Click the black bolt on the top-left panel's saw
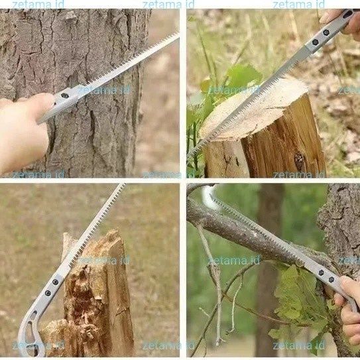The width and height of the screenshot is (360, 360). click(65, 95)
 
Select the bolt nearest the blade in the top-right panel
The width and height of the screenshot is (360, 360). click(315, 42)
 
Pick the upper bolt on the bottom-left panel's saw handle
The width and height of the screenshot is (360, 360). click(55, 282)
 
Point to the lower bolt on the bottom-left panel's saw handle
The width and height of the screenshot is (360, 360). click(48, 293)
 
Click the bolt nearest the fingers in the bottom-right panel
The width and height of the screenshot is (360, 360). click(331, 280)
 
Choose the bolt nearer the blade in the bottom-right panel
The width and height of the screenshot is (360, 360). click(321, 272)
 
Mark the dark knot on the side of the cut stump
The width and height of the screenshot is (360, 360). click(300, 162)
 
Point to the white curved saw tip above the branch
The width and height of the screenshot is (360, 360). click(208, 198)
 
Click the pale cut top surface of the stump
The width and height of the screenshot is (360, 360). click(253, 108)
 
